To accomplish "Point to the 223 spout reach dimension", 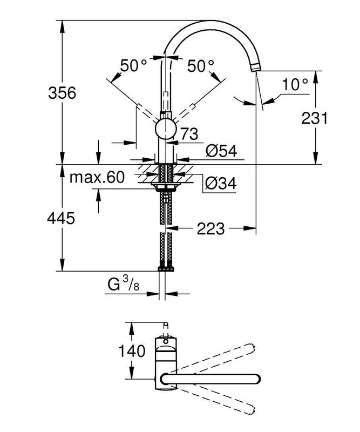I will coord(210,229).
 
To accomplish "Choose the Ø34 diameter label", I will coord(221,184).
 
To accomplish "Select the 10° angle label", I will coord(295,84).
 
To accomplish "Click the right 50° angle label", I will coord(201,66).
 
